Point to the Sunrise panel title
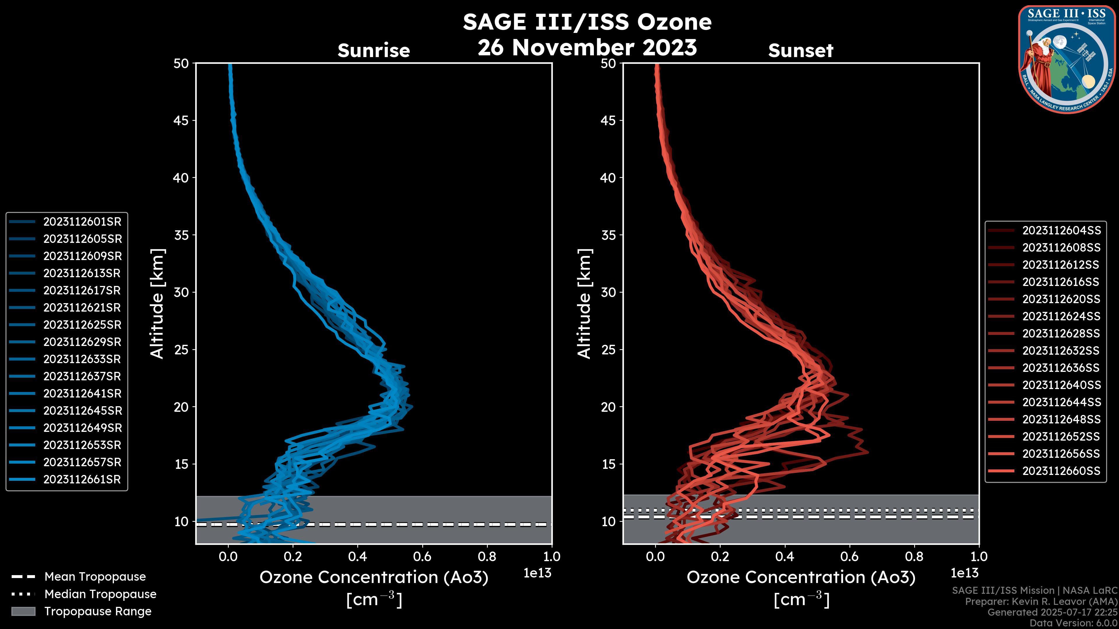pyautogui.click(x=374, y=51)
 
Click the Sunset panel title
pyautogui.click(x=800, y=51)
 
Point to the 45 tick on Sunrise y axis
pyautogui.click(x=182, y=121)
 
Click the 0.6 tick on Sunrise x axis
pyautogui.click(x=422, y=556)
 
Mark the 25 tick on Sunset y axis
pyautogui.click(x=608, y=350)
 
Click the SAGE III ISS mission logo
pyautogui.click(x=1067, y=59)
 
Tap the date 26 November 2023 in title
pyautogui.click(x=587, y=48)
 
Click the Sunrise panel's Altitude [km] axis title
pyautogui.click(x=157, y=304)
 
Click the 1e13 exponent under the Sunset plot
pyautogui.click(x=964, y=573)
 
